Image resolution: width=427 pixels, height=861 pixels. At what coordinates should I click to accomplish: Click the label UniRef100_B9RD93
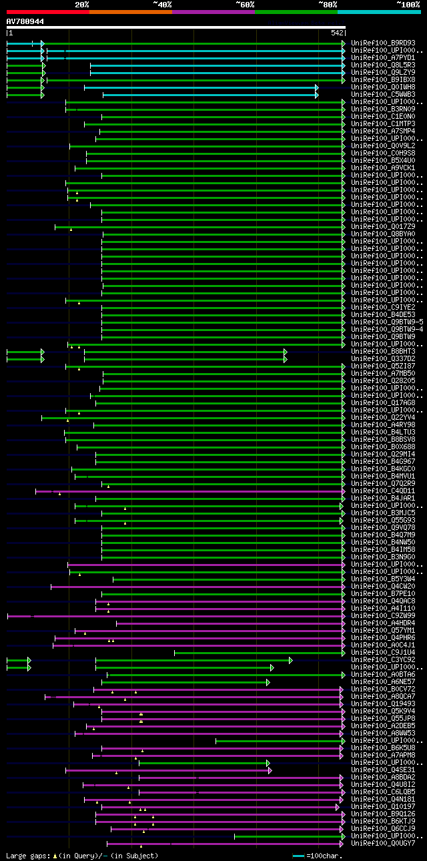382,43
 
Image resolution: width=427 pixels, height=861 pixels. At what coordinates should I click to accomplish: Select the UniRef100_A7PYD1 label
382,58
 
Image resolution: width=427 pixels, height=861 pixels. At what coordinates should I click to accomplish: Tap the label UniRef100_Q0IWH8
382,87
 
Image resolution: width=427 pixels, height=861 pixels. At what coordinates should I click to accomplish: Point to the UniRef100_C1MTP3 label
382,124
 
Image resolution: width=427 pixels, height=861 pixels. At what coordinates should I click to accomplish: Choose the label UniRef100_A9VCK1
382,168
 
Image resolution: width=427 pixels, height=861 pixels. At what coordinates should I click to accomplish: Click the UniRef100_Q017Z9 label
382,227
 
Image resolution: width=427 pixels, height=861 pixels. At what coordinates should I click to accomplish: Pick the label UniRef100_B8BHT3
382,352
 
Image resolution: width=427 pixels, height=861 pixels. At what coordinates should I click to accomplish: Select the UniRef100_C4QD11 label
382,491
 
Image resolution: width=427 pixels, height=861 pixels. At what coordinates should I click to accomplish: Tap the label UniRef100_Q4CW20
382,587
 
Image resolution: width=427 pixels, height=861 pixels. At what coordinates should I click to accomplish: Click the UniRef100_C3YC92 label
382,660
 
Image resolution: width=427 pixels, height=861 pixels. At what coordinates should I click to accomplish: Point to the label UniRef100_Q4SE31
382,770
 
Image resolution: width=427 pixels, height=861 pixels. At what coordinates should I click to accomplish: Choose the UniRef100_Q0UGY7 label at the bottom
382,844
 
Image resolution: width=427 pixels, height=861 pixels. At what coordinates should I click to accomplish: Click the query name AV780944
25,22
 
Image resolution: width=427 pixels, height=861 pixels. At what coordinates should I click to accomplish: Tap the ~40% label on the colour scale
162,5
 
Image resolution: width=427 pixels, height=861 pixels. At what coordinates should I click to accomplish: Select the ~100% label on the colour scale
408,5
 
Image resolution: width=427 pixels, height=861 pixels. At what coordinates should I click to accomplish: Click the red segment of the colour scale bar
47,12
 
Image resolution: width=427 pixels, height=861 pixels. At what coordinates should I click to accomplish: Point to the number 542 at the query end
336,33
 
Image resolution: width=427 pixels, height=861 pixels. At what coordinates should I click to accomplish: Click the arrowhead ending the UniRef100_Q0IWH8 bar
317,87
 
